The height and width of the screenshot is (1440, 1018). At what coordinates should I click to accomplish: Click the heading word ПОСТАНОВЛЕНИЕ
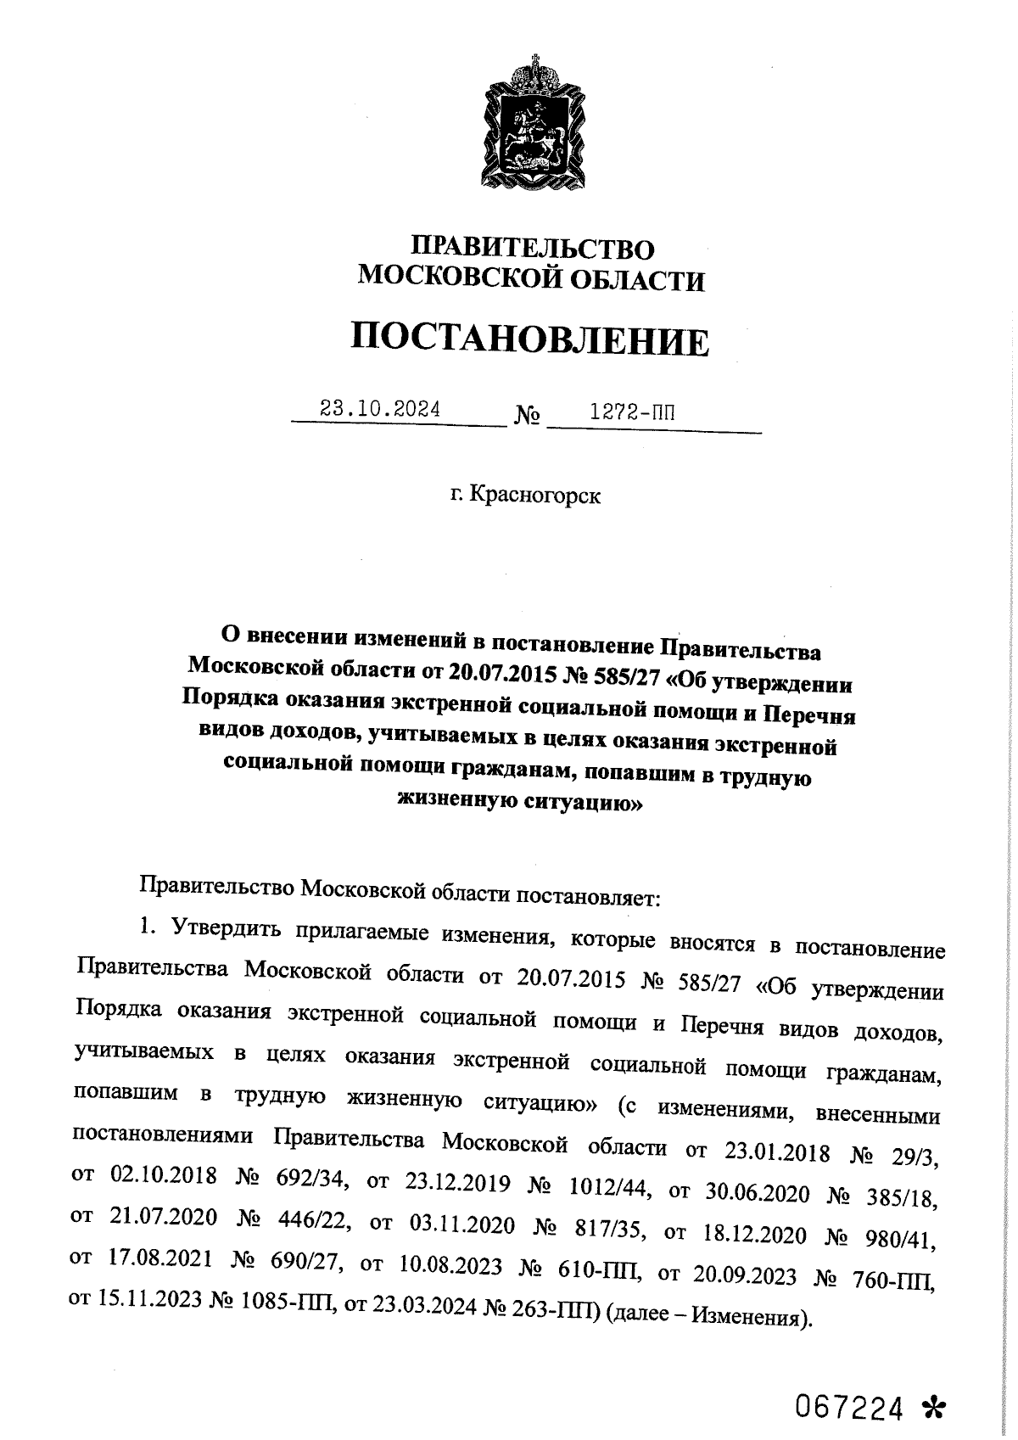point(530,341)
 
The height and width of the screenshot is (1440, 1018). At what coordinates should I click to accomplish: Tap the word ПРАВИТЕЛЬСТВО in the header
point(533,249)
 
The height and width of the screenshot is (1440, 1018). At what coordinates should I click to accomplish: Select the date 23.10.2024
point(379,410)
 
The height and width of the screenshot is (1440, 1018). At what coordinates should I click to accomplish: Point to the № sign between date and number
point(527,417)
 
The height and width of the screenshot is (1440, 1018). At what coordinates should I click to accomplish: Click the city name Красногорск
point(535,494)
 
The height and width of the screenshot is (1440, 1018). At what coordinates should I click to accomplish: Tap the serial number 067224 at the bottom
point(847,1386)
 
